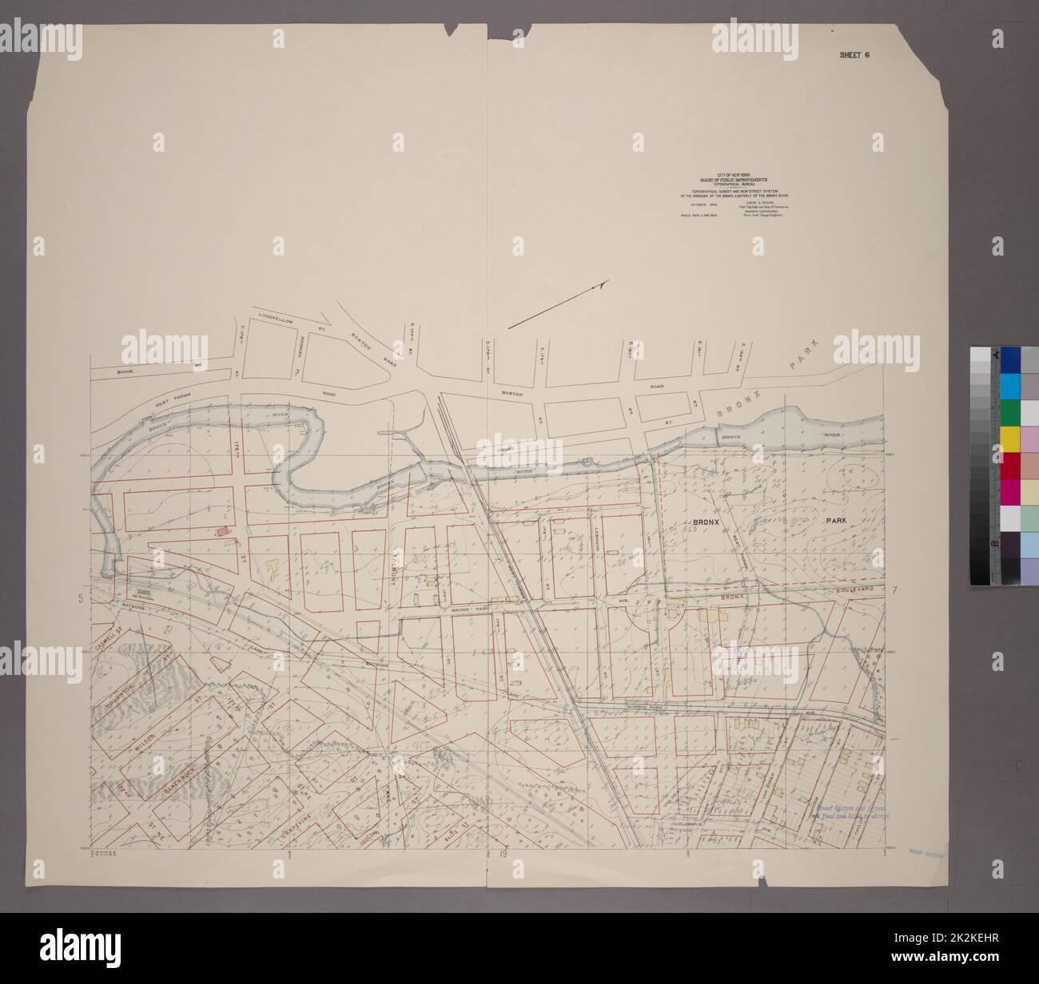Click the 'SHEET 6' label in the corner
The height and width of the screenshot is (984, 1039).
853,55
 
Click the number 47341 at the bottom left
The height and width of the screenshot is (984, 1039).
105,854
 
